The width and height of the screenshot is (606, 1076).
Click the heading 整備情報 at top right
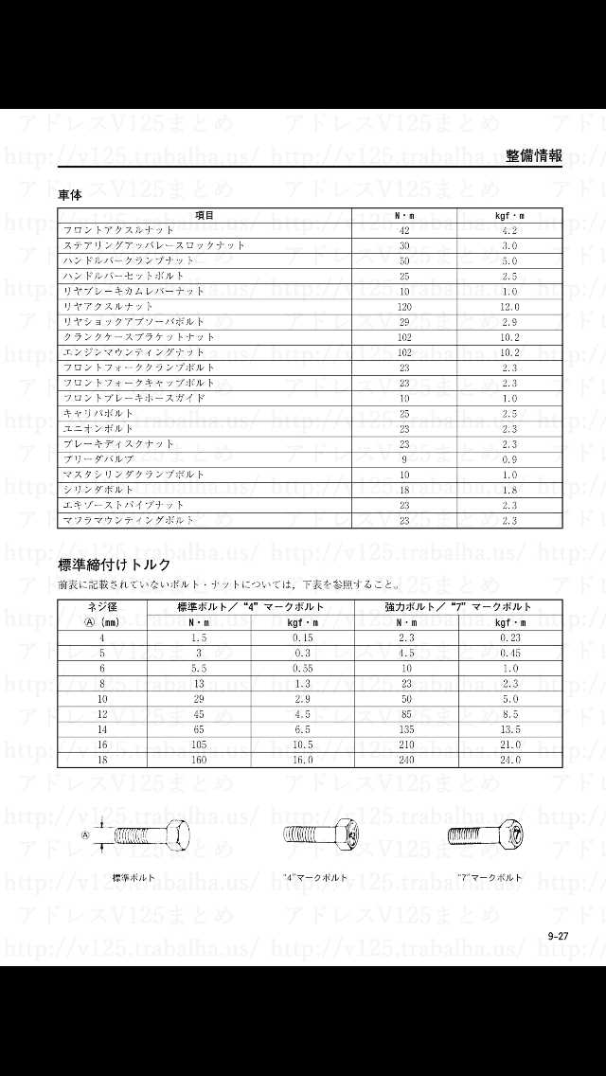coord(534,156)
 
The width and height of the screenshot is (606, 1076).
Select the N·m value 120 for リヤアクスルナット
coord(404,307)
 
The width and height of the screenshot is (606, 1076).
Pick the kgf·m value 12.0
coord(509,307)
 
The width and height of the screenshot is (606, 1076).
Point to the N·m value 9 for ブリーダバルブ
coord(404,458)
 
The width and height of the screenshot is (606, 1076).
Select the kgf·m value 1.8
coord(509,490)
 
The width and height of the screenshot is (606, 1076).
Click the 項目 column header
coord(205,215)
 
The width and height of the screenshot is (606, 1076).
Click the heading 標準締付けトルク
coord(115,565)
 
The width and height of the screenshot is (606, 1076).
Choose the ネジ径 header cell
coord(102,606)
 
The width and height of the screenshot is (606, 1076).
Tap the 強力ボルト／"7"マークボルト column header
coord(458,606)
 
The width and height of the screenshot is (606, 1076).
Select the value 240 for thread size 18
coord(406,760)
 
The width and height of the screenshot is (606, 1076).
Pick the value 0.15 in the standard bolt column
coord(303,637)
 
